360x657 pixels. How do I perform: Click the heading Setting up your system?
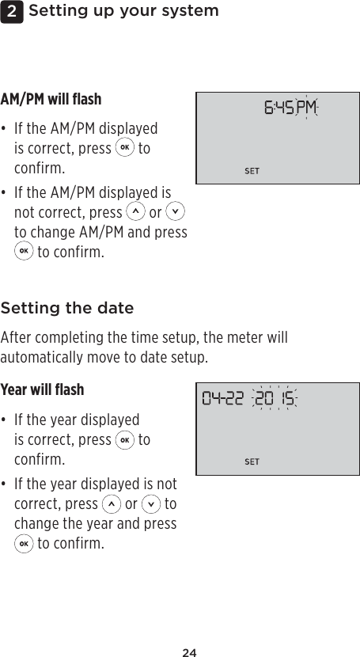click(x=123, y=11)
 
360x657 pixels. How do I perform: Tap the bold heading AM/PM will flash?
click(x=51, y=100)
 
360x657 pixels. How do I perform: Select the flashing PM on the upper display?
click(x=305, y=107)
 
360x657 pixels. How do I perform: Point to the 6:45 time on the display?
click(x=278, y=107)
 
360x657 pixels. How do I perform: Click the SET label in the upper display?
click(x=252, y=171)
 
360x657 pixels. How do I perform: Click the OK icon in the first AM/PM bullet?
click(x=125, y=149)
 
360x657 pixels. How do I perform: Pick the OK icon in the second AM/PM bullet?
click(x=24, y=253)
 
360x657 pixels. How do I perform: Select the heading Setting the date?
click(x=67, y=308)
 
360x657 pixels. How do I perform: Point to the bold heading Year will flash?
click(x=42, y=390)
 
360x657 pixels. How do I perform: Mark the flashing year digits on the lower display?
click(x=275, y=398)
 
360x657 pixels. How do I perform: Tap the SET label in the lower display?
click(x=252, y=461)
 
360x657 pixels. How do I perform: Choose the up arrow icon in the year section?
click(x=112, y=503)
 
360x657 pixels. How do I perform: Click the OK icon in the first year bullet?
click(x=125, y=439)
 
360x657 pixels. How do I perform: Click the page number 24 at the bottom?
click(x=189, y=652)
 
